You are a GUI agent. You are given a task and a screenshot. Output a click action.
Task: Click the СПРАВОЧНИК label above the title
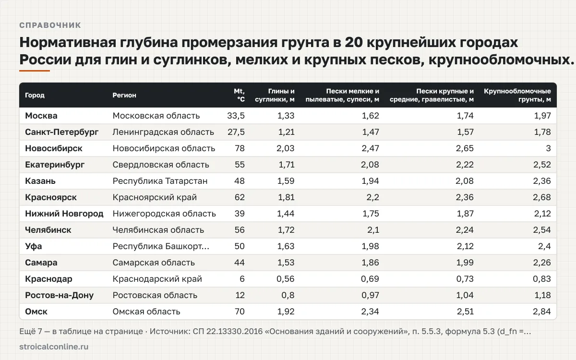pos(50,25)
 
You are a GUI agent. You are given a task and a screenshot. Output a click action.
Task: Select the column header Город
pos(35,95)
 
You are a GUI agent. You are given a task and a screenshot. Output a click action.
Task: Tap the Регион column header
pos(124,95)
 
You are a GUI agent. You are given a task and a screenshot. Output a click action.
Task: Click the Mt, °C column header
pos(239,95)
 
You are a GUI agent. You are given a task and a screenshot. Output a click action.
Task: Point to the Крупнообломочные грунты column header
pos(517,95)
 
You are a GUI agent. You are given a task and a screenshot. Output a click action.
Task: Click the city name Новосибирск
pos(53,148)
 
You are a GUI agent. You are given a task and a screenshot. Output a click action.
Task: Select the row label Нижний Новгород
pos(64,214)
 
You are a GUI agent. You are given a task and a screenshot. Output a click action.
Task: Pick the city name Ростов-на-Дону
pos(59,295)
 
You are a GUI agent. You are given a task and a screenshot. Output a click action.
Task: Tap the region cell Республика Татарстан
pos(160,181)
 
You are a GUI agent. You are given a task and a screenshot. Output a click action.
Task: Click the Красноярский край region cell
pos(155,197)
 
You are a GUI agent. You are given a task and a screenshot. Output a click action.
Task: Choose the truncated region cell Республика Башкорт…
pos(161,246)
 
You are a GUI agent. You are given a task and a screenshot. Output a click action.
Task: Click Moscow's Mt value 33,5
pos(236,116)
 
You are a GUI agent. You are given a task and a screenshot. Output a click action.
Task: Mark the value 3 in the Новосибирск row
pos(549,148)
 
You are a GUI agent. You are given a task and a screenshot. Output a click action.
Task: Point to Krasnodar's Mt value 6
pos(242,279)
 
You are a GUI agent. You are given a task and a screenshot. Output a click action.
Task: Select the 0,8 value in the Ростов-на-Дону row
pos(288,295)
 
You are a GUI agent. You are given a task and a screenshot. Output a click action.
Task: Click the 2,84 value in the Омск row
pos(542,312)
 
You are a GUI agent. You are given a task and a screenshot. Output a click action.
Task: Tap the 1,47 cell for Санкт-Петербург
pos(371,132)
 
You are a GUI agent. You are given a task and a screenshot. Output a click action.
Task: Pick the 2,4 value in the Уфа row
pos(544,246)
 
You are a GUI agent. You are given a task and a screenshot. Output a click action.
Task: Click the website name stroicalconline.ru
pos(54,347)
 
